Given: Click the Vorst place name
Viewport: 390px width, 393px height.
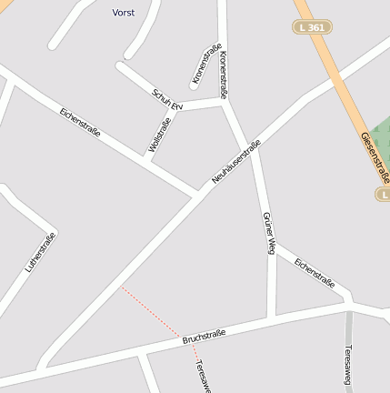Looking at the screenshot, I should (124, 13).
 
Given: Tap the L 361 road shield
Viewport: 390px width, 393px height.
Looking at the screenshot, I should (311, 28).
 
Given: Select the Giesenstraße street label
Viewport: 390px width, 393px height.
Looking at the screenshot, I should (375, 156).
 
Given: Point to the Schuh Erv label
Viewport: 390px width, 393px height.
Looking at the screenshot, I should (167, 99).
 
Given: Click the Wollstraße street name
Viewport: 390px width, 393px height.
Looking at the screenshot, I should (159, 135).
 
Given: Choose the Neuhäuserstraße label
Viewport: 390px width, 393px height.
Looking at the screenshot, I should (235, 164).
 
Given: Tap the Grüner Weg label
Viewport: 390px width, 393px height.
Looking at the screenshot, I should (268, 233).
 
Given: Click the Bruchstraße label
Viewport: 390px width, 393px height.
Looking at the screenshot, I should (204, 337).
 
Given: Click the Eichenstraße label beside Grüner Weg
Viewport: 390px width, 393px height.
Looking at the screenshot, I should (314, 268).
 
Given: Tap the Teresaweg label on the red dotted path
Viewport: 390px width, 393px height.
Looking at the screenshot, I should (203, 375).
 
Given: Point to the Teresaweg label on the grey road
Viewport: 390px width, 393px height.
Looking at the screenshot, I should (347, 367).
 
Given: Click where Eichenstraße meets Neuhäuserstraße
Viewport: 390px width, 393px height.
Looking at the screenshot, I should (196, 193).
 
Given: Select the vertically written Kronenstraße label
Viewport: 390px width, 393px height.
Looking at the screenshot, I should (224, 75).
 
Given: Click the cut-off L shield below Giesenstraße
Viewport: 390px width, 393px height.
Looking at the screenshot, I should (384, 194).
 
